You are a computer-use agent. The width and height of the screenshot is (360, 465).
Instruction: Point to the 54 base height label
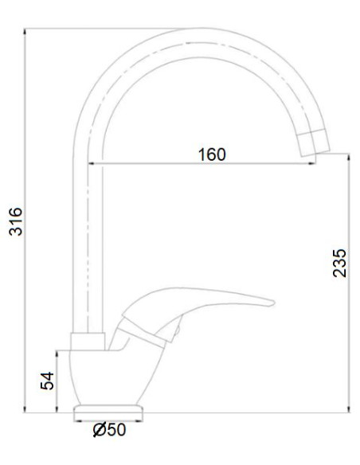48,381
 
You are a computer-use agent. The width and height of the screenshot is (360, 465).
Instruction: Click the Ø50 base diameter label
109,431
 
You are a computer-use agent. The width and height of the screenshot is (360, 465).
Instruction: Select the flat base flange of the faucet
109,412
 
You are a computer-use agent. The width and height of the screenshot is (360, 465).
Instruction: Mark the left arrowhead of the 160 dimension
92,163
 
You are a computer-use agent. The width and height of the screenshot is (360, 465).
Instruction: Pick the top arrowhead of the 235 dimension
349,158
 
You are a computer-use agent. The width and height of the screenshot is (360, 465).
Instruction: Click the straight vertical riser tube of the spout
88,239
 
